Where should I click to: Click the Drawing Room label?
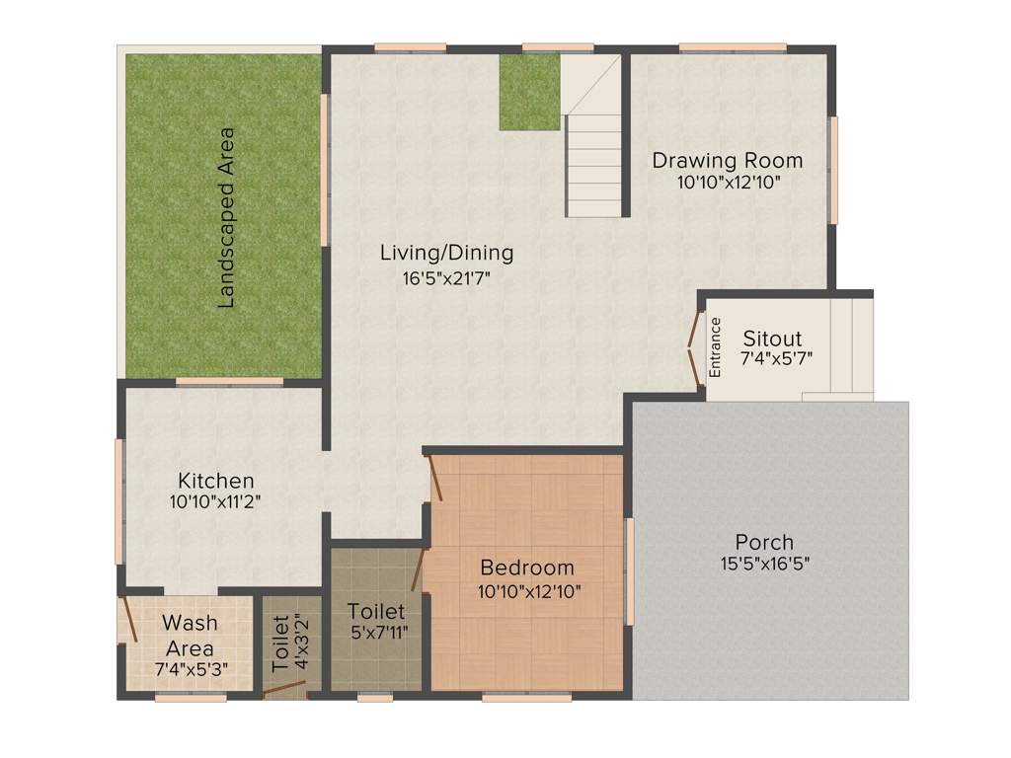pos(727,160)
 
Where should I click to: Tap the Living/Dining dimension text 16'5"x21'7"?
pos(446,278)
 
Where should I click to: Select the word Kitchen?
pos(216,481)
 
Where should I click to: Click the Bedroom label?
pos(527,568)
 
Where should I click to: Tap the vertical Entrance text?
pos(716,346)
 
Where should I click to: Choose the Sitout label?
pos(772,339)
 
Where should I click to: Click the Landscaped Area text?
pos(226,217)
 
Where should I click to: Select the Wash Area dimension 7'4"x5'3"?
pos(191,669)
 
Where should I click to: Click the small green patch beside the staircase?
pos(529,92)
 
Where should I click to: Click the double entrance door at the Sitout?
pos(694,345)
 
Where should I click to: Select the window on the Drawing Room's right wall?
pos(833,170)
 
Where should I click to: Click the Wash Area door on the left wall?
pos(126,622)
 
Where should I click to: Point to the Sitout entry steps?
pos(851,345)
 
